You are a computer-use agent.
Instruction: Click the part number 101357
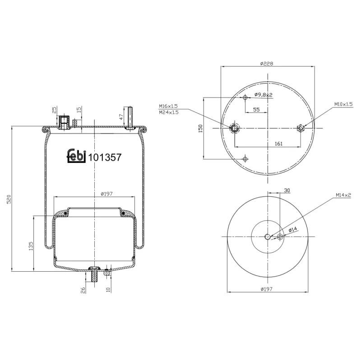[x=105, y=157]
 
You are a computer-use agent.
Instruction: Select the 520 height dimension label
[x=9, y=199]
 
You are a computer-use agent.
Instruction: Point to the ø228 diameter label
[x=267, y=64]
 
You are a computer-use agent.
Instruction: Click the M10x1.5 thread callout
[x=343, y=104]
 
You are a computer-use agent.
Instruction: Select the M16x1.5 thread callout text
[x=168, y=106]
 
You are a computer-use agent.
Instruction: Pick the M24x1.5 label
[x=168, y=112]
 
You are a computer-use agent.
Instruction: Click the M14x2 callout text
[x=343, y=195]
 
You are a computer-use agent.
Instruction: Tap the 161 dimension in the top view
[x=278, y=143]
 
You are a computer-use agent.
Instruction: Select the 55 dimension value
[x=256, y=110]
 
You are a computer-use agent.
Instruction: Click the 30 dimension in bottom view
[x=287, y=190]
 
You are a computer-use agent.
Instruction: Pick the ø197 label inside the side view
[x=106, y=194]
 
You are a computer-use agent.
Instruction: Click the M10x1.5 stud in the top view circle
[x=301, y=129]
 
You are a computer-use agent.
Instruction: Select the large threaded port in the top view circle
[x=235, y=129]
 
